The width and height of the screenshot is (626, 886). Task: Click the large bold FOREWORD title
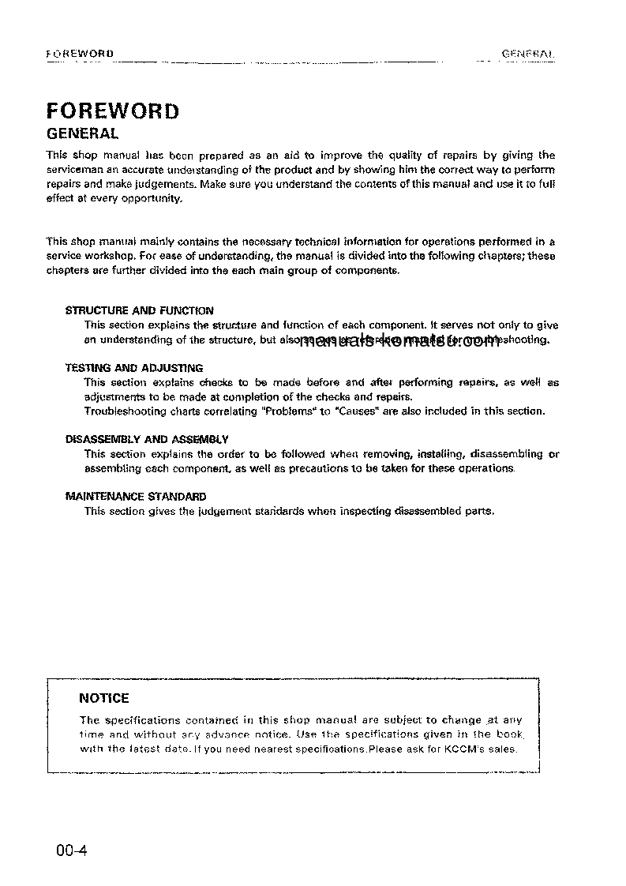[x=112, y=110]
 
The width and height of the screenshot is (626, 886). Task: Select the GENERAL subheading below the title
[x=83, y=133]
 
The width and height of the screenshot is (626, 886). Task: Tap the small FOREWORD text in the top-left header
[x=81, y=54]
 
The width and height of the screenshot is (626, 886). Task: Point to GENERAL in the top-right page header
[x=528, y=54]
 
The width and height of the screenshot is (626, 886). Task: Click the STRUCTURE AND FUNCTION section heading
[x=139, y=310]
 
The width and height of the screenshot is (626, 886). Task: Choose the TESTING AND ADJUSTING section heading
[x=133, y=368]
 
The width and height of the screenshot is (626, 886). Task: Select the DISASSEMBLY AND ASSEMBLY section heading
[x=147, y=439]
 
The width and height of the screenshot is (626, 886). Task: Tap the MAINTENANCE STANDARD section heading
[x=135, y=497]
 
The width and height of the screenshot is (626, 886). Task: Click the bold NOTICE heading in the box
[x=104, y=698]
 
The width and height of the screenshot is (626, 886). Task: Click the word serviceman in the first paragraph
[x=74, y=170]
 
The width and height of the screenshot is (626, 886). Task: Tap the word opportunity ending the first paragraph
[x=155, y=199]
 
